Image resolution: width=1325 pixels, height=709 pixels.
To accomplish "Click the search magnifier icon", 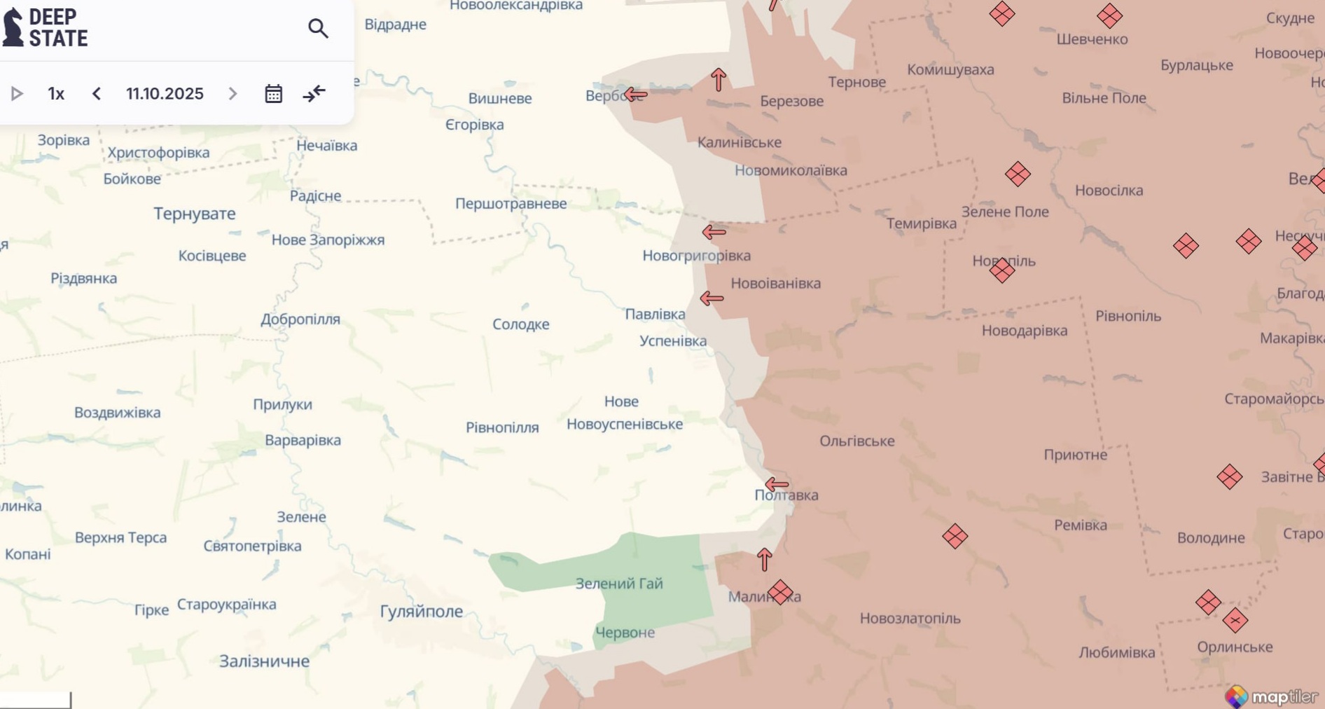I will tap(318, 29).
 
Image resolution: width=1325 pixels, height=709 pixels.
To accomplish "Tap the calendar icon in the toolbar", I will tap(273, 94).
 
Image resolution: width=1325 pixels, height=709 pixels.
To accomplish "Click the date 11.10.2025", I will tap(165, 94).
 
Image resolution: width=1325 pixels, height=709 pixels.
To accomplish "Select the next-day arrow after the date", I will tap(233, 94).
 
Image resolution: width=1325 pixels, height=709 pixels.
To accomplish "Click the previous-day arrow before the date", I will tap(97, 94).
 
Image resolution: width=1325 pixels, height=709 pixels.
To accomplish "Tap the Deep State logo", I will tap(46, 28).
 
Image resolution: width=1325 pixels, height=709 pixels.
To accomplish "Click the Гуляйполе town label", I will tap(421, 612).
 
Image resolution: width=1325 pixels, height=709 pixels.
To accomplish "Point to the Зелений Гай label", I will tap(618, 584).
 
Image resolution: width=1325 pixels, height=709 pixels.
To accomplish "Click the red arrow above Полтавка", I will tap(777, 484).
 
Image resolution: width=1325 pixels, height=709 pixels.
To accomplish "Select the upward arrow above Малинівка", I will tap(764, 559).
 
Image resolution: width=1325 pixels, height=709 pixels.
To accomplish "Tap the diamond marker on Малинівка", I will tap(780, 592).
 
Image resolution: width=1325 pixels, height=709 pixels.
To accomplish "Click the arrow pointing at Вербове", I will tap(635, 95).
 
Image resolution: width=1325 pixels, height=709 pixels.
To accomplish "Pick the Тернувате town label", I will tap(194, 214).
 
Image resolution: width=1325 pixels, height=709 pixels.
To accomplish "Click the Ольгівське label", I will tap(856, 441).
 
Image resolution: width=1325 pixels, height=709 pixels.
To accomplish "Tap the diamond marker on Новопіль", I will tap(1002, 270).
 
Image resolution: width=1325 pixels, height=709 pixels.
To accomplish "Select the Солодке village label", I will tap(520, 324).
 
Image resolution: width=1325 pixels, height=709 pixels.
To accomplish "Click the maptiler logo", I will tap(1270, 696).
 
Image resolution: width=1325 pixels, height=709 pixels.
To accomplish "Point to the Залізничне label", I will tap(264, 661).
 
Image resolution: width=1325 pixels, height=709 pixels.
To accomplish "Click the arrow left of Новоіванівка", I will tap(712, 298).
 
